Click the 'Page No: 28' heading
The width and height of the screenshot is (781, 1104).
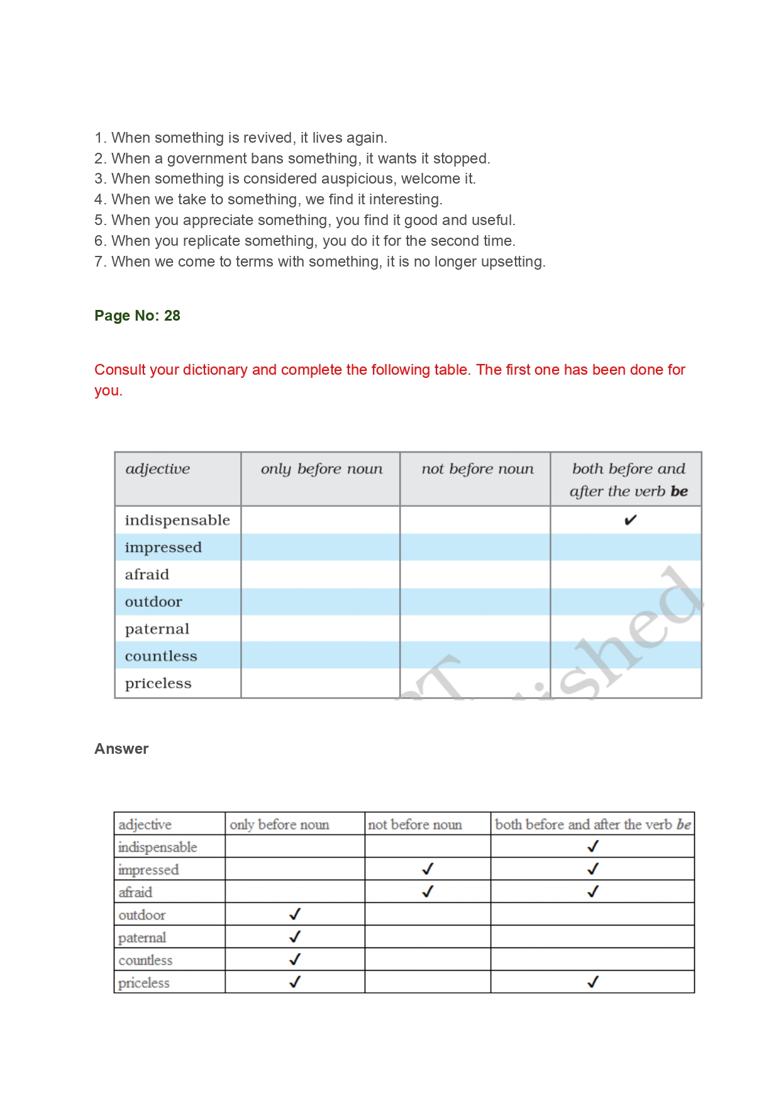tap(137, 316)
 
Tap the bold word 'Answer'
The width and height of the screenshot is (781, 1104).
tap(121, 749)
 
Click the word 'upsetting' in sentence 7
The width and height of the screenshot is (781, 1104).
tap(511, 262)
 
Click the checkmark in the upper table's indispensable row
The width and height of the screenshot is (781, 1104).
tap(630, 520)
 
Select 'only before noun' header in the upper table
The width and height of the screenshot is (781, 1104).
tap(321, 469)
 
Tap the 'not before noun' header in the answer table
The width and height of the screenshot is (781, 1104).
tap(415, 824)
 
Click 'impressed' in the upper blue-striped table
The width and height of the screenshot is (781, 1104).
tap(163, 548)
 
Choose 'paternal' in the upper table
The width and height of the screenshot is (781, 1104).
tap(157, 629)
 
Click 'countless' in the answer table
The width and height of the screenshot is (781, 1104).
tap(145, 960)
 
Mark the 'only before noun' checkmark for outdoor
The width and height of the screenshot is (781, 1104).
tap(295, 914)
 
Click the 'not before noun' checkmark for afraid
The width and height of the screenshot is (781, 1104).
tap(428, 891)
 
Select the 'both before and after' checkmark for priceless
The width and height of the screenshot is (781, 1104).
tap(592, 982)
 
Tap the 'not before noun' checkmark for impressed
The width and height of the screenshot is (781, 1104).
tap(428, 869)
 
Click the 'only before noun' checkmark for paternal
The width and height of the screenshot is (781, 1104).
tap(295, 937)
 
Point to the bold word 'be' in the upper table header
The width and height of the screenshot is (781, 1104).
tap(679, 492)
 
